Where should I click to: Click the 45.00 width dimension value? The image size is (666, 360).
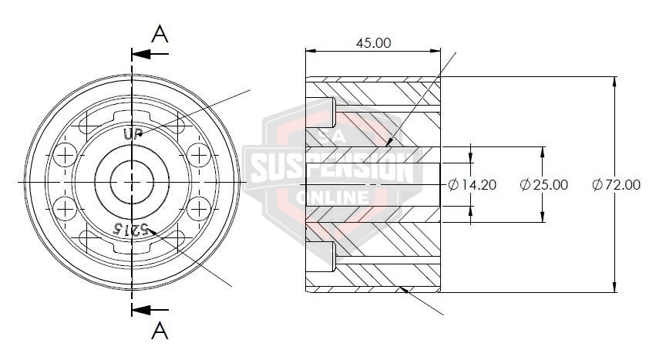point(373,43)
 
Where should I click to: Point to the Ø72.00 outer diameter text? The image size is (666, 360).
point(617,184)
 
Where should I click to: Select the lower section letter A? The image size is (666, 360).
point(160,331)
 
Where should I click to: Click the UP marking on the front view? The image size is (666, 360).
point(133,133)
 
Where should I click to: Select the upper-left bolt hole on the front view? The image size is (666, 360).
point(65,155)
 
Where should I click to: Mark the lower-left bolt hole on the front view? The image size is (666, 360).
point(65,207)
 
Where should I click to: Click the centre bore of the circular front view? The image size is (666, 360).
point(133,181)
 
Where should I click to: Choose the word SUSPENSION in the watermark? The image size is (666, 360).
point(333,167)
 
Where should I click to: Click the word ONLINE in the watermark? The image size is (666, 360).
point(333,198)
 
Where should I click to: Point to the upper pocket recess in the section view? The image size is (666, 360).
point(321,113)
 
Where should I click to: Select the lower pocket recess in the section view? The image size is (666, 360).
point(321,256)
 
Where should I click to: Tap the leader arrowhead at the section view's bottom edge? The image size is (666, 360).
point(403,291)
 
